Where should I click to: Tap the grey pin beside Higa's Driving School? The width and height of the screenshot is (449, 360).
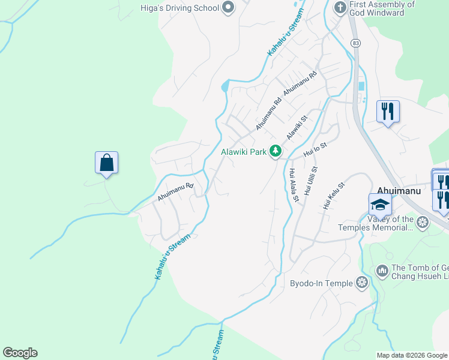228,8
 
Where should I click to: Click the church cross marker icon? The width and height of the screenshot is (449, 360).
340,8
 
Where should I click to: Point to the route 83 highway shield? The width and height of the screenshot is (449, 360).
357,43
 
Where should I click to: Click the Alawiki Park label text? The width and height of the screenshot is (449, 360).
243,152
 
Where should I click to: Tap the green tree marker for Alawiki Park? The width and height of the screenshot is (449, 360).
276,152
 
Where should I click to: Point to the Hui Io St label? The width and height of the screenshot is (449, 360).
315,150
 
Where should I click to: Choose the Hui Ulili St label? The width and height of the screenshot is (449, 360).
310,181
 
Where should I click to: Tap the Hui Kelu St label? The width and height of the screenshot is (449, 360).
334,196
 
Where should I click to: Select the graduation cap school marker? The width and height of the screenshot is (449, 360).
380,205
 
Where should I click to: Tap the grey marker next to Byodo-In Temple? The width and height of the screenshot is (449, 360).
361,282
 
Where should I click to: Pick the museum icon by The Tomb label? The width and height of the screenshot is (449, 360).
382,272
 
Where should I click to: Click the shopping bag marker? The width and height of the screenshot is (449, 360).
106,163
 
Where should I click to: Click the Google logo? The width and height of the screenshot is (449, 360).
20,353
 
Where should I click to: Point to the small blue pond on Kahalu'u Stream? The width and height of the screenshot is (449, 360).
225,86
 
